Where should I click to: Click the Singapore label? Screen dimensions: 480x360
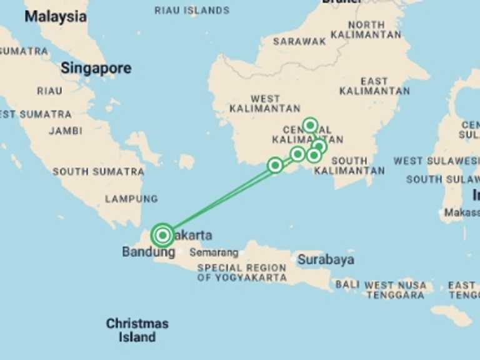96,68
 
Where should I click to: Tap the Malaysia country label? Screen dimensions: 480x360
55,17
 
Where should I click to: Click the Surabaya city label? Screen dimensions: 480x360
326,259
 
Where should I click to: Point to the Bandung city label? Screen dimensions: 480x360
148,252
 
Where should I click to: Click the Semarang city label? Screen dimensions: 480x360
214,253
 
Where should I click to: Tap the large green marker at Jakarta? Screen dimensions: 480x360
162,236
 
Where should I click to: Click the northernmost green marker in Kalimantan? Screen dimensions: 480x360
310,125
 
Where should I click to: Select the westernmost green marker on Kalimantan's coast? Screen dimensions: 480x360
275,165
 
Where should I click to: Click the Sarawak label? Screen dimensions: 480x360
299,41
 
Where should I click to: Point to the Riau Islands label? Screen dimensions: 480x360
192,10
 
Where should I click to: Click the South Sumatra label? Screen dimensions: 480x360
98,171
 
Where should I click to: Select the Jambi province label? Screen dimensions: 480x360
66,131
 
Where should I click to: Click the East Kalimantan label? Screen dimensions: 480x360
374,86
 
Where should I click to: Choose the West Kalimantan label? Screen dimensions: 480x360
265,104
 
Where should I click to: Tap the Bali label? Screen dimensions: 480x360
347,284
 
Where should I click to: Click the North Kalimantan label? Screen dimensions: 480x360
366,29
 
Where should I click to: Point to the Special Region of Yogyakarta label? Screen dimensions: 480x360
241,272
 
